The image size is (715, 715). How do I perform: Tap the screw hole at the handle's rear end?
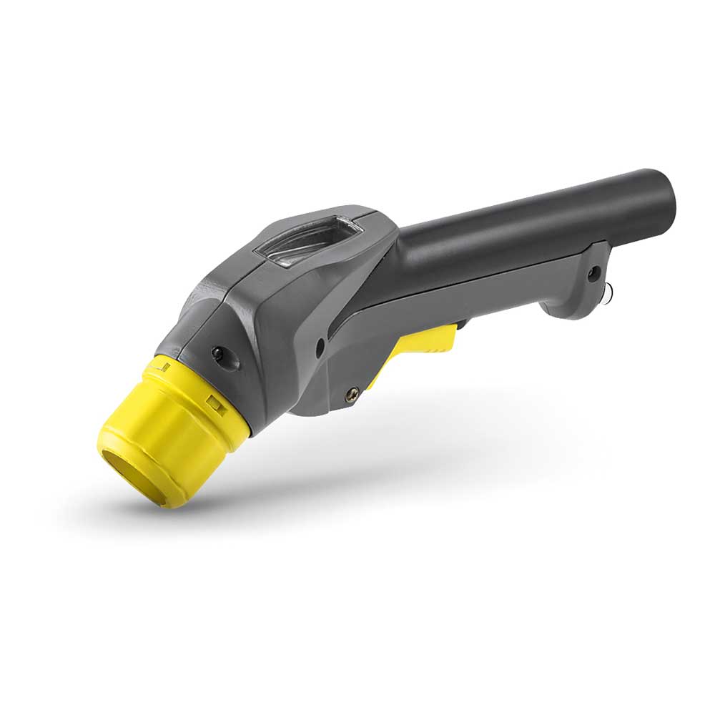pos(593,272)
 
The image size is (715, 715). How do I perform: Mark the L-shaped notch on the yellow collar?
pos(163,367)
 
